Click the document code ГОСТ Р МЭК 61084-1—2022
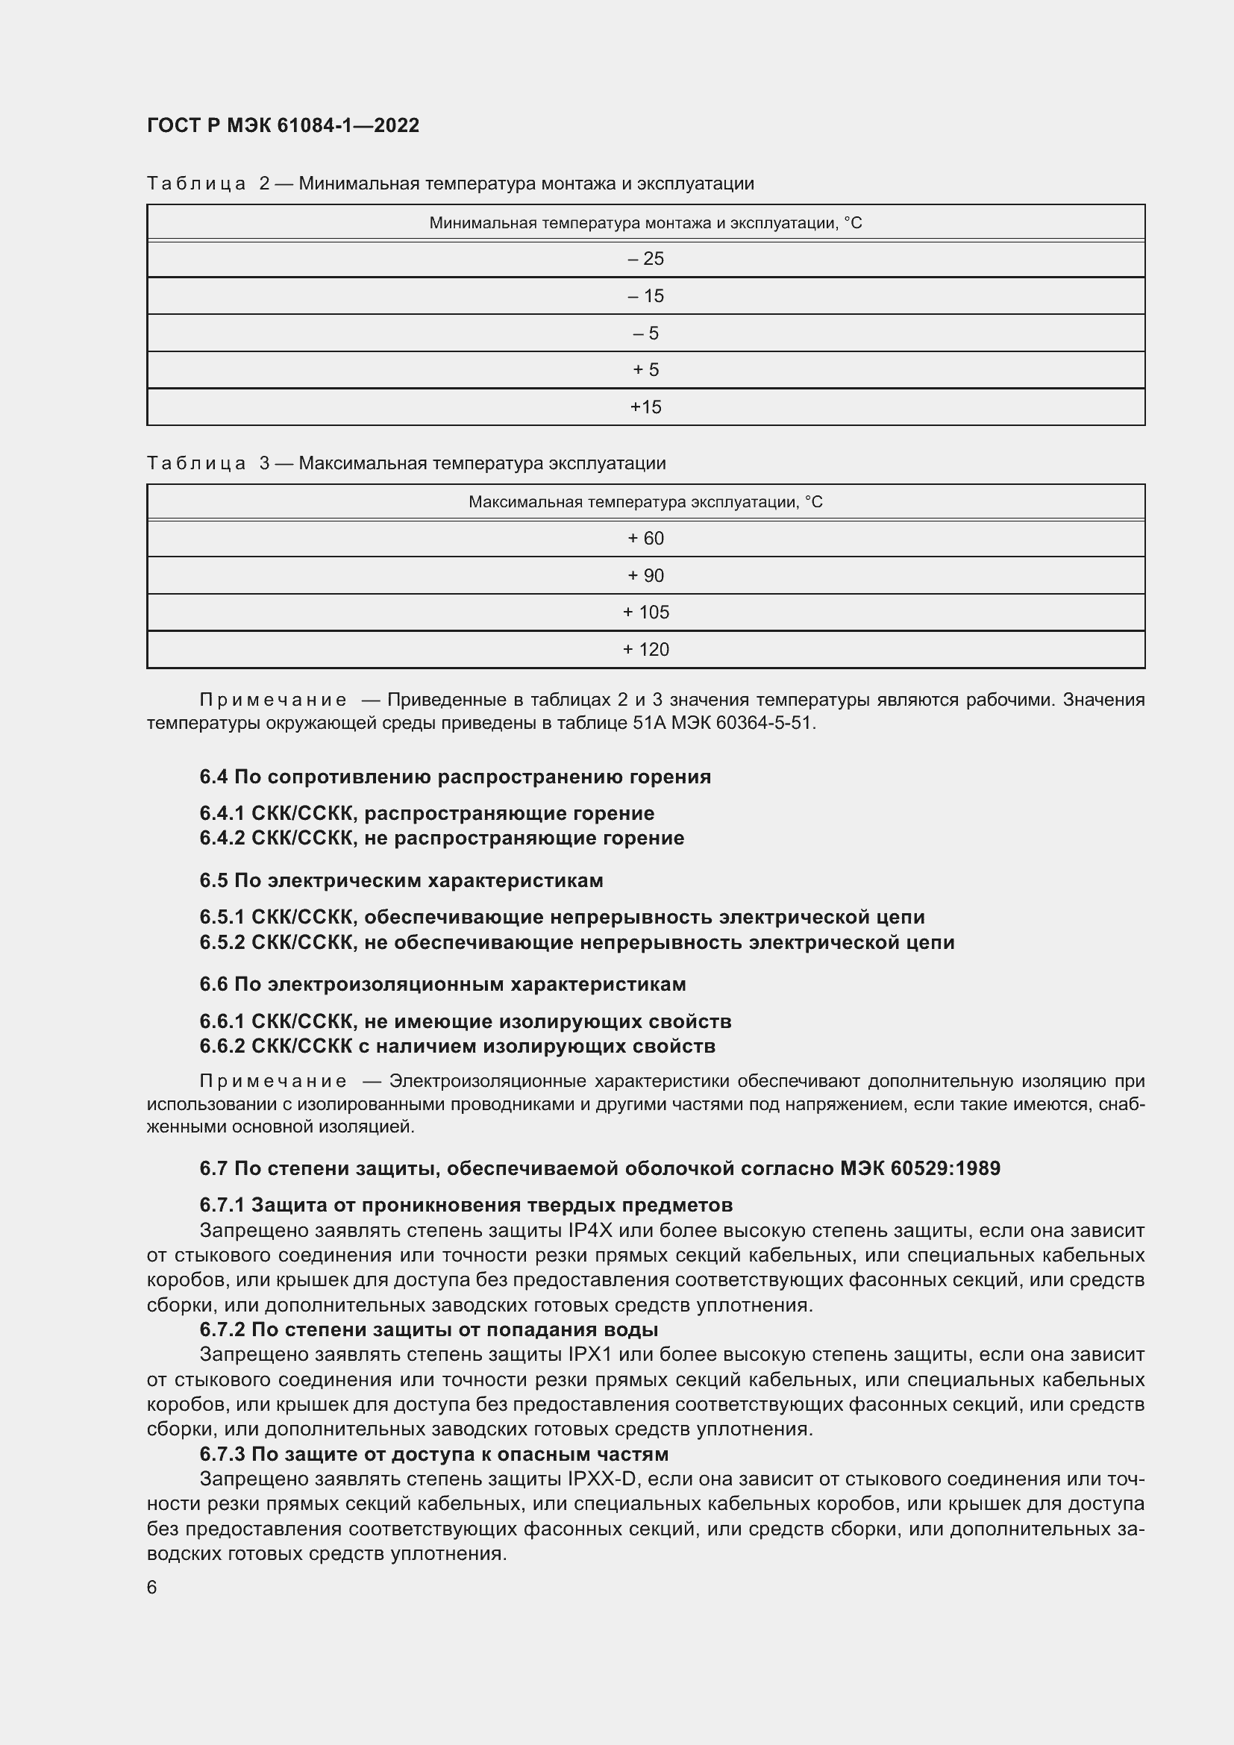[x=283, y=125]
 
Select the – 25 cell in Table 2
[x=645, y=259]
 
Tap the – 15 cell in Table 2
[x=645, y=296]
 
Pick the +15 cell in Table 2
[x=645, y=407]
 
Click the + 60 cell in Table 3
[x=645, y=539]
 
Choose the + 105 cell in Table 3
[x=645, y=613]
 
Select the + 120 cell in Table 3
[x=645, y=650]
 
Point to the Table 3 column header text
[x=645, y=502]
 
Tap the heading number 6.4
[x=213, y=777]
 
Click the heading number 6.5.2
[x=222, y=942]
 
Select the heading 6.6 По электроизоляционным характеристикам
[x=442, y=984]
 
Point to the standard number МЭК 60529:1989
[x=920, y=1168]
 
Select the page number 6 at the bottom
[x=152, y=1587]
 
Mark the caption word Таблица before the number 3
[x=196, y=463]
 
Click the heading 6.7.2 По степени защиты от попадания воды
[x=428, y=1329]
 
